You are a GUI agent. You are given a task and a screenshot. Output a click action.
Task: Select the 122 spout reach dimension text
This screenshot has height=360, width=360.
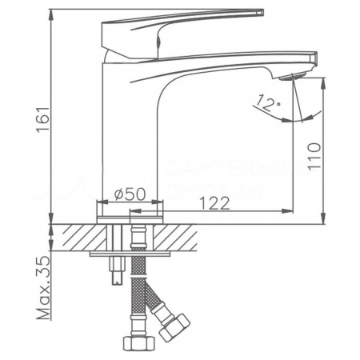pos(210,202)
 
